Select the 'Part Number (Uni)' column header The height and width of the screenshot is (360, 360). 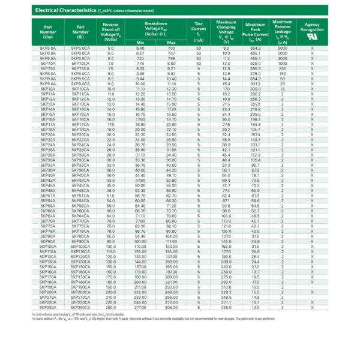[47, 31]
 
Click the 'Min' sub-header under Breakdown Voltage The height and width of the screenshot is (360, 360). [140, 43]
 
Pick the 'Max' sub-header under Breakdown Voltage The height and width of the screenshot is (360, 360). [172, 43]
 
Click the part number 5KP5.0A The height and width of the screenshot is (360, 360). [47, 48]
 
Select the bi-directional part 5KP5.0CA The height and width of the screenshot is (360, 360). [80, 48]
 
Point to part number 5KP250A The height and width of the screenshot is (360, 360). [47, 307]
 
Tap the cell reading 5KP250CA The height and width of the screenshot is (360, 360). [80, 307]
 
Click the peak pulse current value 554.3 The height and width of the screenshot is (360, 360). [255, 48]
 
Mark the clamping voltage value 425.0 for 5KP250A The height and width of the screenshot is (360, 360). [226, 307]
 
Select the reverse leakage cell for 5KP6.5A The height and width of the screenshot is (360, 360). [282, 58]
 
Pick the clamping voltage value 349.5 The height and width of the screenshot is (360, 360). [226, 297]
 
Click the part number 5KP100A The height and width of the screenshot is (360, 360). [47, 246]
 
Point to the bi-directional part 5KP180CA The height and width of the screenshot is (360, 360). [80, 281]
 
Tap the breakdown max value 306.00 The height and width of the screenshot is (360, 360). [172, 307]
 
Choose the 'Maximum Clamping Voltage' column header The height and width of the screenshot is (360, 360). [226, 31]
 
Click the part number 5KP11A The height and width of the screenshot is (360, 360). [47, 94]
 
